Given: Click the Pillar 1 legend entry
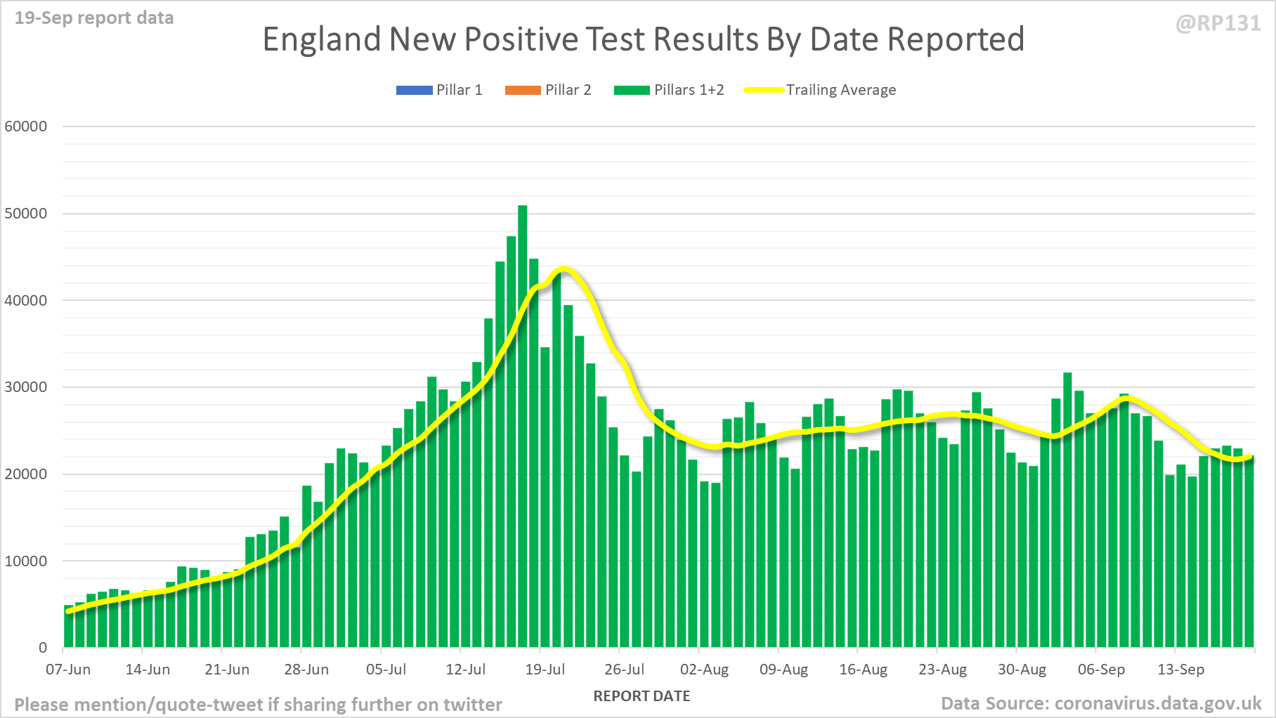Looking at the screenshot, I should point(439,90).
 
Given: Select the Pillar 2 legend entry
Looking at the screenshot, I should point(548,90).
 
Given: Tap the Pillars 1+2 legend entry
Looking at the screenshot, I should point(669,90).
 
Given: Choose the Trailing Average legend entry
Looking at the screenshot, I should point(820,90).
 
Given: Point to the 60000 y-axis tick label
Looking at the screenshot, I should point(26,126).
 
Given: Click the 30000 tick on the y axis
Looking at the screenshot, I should point(26,387).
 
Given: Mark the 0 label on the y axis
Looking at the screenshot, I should point(43,648).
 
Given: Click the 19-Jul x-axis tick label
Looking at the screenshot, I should point(545,670).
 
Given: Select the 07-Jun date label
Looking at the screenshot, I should point(68,670).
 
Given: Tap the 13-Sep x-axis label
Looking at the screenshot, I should point(1180,670).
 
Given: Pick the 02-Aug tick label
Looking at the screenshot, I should point(704,670).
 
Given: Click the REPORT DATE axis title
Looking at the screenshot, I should point(642,696).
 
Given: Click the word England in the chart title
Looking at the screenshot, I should point(322,39).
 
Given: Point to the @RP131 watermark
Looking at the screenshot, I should point(1218,23).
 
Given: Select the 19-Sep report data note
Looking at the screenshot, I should point(94,18).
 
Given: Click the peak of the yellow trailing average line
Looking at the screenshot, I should point(564,269).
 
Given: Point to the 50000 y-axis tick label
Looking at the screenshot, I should point(26,214).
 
